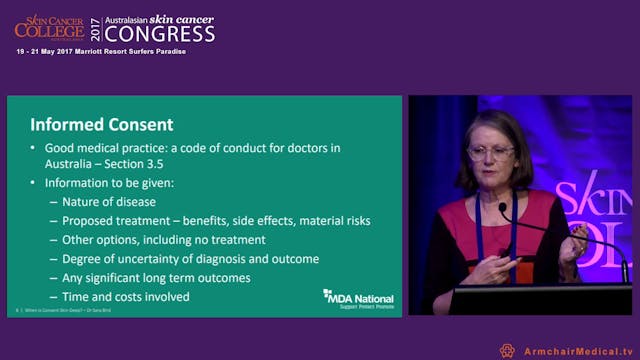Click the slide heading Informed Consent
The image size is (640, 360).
101,126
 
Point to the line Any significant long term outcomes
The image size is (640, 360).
156,277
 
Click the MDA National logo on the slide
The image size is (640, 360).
358,297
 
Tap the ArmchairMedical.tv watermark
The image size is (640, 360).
573,351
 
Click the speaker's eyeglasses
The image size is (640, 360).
491,153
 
